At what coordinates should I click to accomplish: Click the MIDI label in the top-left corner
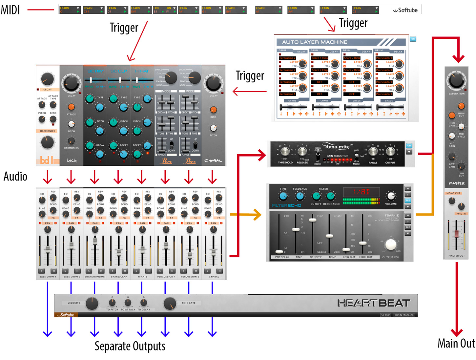click(10, 10)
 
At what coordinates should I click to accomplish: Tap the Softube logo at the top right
click(405, 10)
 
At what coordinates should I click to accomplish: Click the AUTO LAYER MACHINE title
click(314, 42)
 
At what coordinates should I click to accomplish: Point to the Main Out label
click(456, 343)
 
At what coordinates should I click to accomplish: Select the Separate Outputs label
click(130, 346)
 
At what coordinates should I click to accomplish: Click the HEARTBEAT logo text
click(374, 303)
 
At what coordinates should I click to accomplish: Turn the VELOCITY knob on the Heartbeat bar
click(92, 304)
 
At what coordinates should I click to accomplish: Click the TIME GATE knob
click(170, 304)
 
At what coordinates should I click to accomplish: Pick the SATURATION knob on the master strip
click(456, 80)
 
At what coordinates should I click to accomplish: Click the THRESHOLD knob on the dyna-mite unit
click(285, 152)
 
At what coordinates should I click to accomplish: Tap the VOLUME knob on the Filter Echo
click(391, 196)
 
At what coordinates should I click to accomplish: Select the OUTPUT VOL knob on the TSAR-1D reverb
click(391, 244)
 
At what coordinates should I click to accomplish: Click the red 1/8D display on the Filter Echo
click(361, 192)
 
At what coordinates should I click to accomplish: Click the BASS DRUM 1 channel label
click(48, 277)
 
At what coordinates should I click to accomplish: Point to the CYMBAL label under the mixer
click(214, 277)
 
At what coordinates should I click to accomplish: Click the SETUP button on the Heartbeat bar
click(385, 315)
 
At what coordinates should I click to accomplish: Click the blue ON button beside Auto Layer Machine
click(413, 39)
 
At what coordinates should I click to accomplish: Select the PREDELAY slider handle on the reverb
click(279, 252)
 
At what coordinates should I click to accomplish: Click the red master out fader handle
click(456, 234)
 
